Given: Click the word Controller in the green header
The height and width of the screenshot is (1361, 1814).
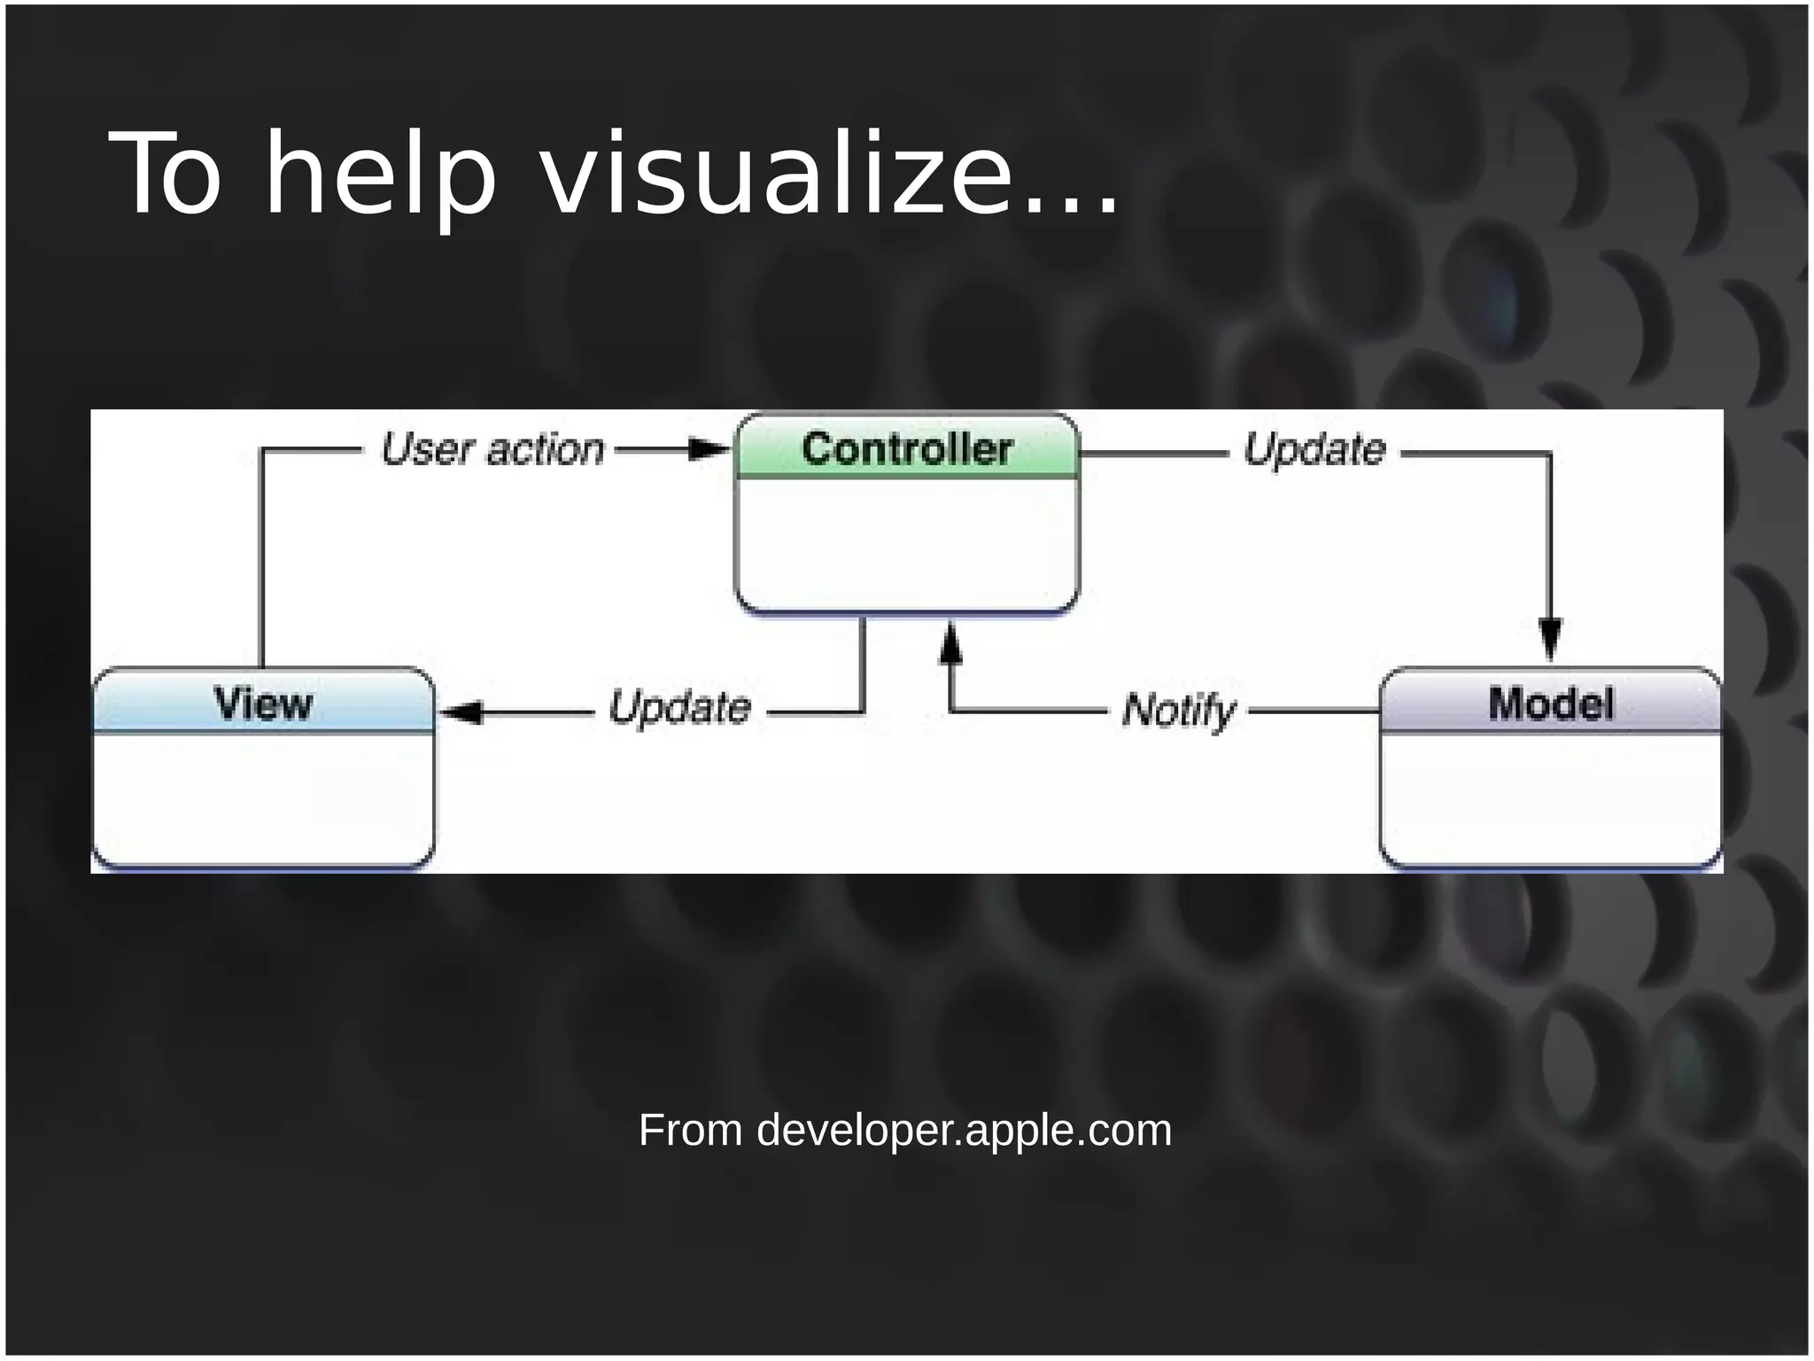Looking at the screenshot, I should tap(906, 448).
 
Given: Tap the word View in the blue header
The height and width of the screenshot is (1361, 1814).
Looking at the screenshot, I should tap(263, 704).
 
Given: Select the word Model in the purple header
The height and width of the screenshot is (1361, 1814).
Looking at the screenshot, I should tap(1550, 704).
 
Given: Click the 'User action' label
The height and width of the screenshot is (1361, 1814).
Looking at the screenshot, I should tap(492, 449).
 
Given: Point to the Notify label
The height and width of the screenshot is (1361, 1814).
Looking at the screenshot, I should tap(1178, 711).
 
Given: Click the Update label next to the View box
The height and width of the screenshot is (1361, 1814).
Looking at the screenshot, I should tap(680, 708).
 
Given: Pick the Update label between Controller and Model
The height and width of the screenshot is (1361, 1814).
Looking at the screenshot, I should tap(1314, 449).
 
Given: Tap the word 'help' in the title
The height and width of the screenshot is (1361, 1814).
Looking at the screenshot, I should tap(381, 175).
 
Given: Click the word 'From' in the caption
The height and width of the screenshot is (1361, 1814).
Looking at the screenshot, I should tap(690, 1131).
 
